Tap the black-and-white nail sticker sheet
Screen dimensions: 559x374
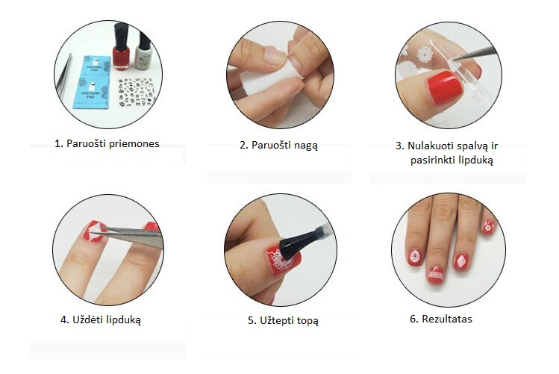tap(137, 92)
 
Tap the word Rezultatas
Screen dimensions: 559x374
tap(447, 319)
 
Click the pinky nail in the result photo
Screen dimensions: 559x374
tap(488, 227)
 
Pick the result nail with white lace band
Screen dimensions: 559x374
tap(436, 274)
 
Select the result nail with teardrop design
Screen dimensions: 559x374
tap(415, 257)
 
